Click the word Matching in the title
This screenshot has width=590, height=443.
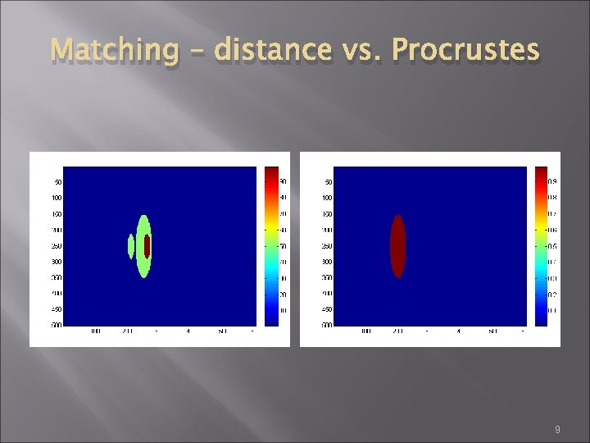pos(114,51)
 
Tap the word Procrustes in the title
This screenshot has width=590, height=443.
pos(465,51)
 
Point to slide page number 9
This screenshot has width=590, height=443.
pos(557,430)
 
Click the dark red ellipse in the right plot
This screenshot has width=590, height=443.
pos(397,246)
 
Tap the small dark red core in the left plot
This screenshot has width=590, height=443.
pos(147,246)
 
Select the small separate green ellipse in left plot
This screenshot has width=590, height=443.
pos(131,245)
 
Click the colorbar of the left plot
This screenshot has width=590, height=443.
pos(271,246)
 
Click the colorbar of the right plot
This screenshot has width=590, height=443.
pos(541,246)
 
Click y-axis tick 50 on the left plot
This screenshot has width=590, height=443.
pos(58,182)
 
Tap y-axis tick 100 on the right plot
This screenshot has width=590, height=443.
pos(327,198)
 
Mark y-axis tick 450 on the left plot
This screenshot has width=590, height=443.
pos(57,310)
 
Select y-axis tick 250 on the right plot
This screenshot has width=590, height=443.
pos(327,246)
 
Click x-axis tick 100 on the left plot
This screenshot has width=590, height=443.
pos(95,331)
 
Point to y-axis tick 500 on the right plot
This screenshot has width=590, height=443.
pos(327,326)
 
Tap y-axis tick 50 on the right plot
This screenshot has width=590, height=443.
pos(329,182)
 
